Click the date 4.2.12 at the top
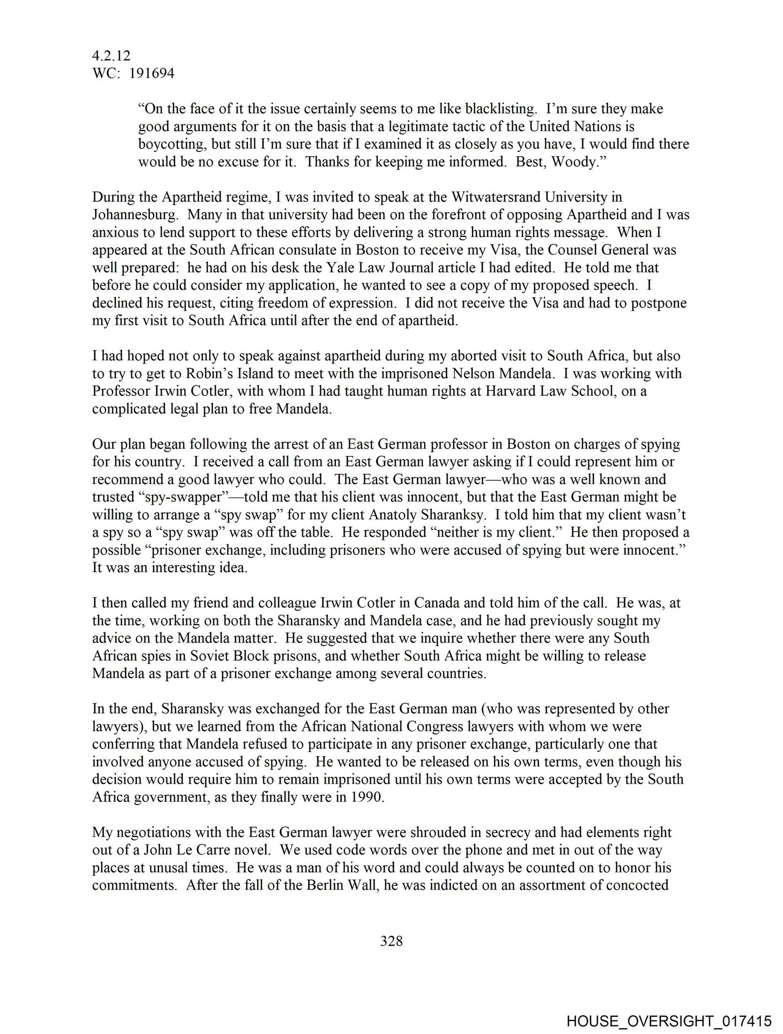point(111,55)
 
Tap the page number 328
point(391,941)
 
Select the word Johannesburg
point(135,215)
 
